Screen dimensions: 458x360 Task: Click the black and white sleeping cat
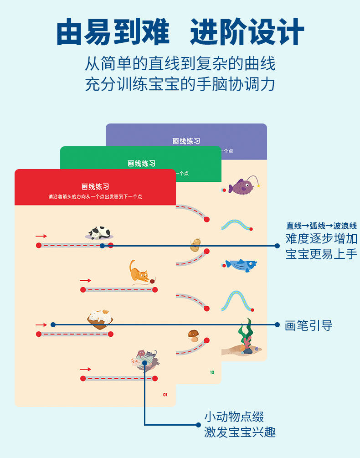click(99, 233)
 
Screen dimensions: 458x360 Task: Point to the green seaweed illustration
click(247, 335)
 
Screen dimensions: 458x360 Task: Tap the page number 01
click(165, 395)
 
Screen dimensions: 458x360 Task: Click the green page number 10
click(212, 372)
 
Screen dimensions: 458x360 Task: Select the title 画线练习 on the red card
click(95, 186)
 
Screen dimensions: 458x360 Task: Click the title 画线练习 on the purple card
click(186, 141)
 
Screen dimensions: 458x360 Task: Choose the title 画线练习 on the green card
click(141, 163)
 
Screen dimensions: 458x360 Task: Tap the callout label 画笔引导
click(309, 325)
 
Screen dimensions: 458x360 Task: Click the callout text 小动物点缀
click(234, 417)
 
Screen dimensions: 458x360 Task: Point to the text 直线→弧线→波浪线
click(321, 226)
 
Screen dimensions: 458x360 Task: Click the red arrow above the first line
click(41, 236)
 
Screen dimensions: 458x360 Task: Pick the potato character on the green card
click(195, 245)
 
